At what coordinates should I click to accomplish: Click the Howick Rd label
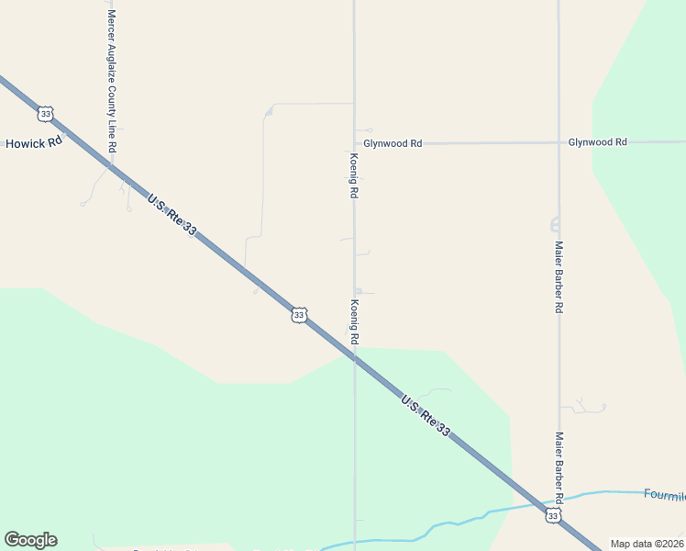tap(34, 143)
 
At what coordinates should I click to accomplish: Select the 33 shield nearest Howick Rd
tap(45, 114)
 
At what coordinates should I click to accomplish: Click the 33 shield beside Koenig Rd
tap(299, 315)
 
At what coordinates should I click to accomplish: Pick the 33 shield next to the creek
tap(552, 516)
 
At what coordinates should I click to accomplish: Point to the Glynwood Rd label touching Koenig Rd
tap(393, 143)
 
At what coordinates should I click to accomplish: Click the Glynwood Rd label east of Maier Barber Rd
tap(597, 142)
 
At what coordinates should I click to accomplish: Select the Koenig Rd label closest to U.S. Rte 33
tap(354, 321)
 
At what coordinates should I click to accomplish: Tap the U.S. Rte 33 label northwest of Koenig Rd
tap(171, 214)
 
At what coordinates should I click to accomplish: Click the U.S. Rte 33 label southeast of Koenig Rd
tap(426, 415)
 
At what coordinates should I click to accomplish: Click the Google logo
tap(30, 540)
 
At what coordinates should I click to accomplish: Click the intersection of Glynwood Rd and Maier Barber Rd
tap(559, 142)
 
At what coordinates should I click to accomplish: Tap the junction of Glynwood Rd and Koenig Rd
tap(355, 143)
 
